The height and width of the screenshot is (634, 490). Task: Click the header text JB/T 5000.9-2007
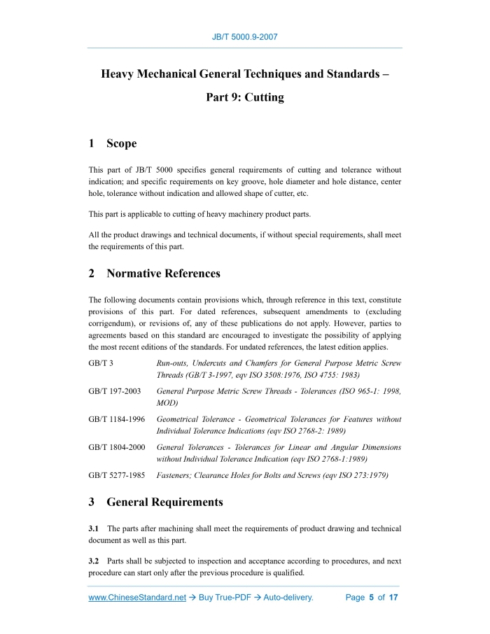244,37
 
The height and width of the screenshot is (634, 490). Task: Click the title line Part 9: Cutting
244,97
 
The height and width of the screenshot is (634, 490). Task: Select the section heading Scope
121,143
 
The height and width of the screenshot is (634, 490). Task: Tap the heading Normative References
163,274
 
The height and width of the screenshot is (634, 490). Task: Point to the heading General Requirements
164,502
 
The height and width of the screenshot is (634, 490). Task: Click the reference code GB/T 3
101,364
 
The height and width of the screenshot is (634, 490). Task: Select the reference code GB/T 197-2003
115,391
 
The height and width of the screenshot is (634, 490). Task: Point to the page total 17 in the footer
393,598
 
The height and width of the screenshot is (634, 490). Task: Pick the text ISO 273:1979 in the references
361,475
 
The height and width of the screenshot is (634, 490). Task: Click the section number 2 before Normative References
92,274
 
